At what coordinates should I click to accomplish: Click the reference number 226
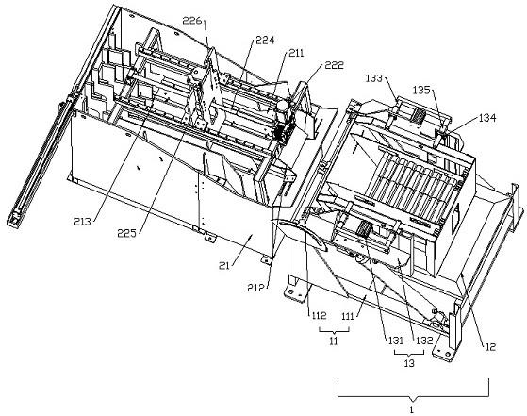[192, 21]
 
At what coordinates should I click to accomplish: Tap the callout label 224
[265, 41]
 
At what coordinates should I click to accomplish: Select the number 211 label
[295, 53]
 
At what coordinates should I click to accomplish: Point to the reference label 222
[334, 65]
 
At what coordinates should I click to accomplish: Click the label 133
[374, 78]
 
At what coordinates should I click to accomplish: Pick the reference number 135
[421, 90]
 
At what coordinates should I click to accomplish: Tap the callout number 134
[487, 118]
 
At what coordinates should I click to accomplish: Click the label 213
[83, 222]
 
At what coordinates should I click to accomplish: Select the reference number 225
[126, 233]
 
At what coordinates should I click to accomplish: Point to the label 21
[224, 266]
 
